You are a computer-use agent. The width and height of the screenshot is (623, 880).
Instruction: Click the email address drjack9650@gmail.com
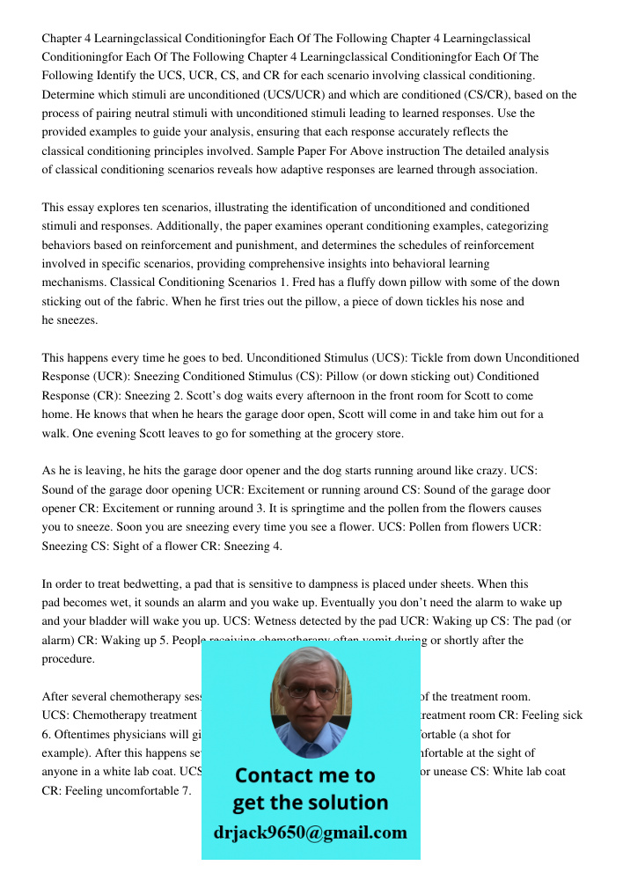click(310, 832)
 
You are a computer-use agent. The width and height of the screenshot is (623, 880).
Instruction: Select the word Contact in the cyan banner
click(278, 775)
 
